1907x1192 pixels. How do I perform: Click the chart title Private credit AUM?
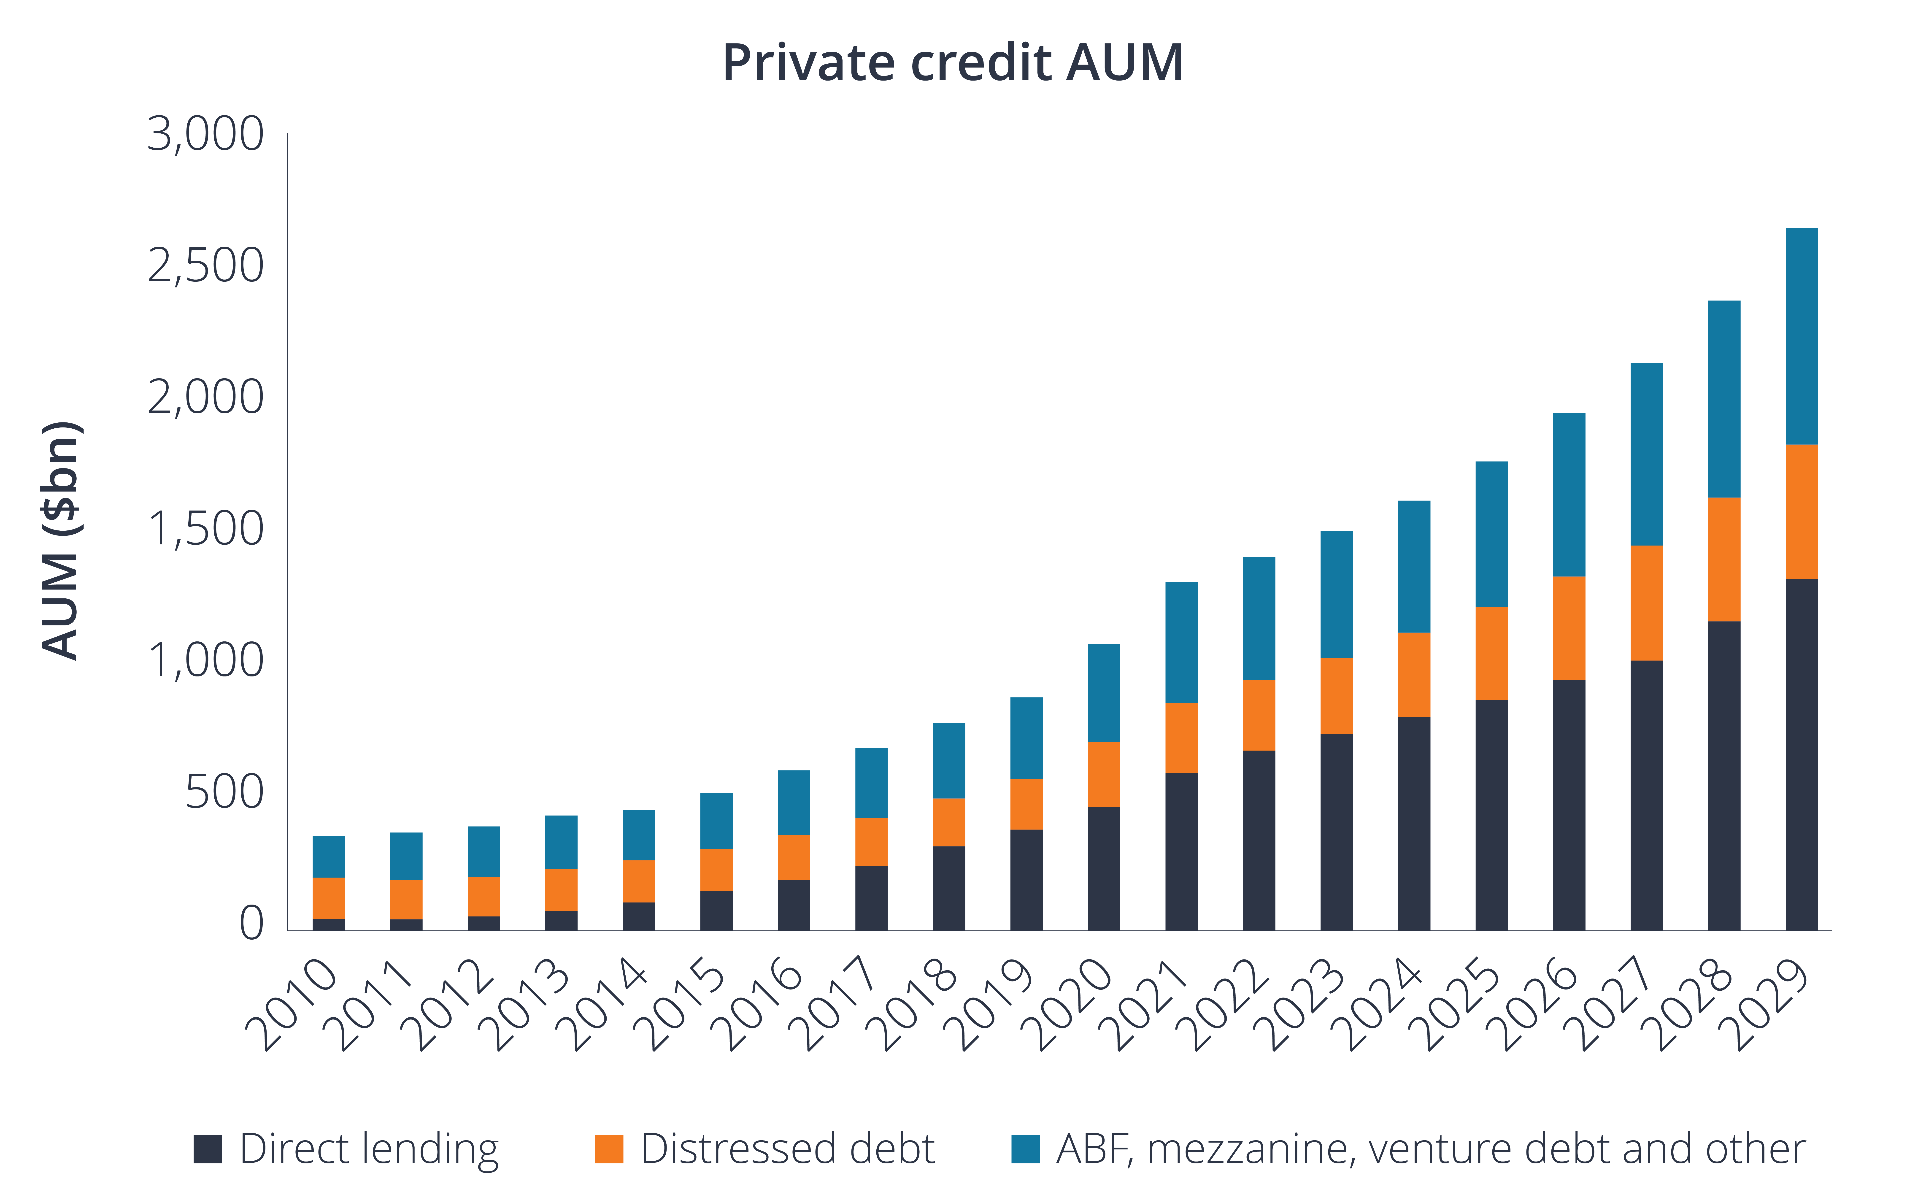coord(952,63)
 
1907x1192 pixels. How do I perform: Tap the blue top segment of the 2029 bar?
coord(1801,337)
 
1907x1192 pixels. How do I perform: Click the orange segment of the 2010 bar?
coord(329,898)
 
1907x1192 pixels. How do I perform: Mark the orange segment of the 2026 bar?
coord(1569,628)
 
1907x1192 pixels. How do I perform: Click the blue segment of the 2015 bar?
coord(716,821)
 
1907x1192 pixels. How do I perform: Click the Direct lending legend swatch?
coord(208,1149)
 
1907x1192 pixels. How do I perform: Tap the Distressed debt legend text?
coord(787,1149)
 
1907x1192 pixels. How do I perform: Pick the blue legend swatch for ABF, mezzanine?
coord(1025,1149)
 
